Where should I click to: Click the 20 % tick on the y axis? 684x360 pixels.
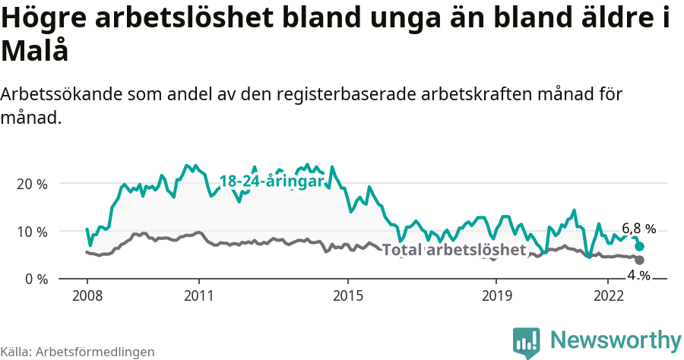click(31, 184)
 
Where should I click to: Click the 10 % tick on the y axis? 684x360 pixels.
click(31, 232)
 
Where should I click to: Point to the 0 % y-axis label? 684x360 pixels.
click(34, 279)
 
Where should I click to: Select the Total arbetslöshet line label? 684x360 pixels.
click(454, 250)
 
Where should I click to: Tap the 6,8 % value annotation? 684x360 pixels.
click(638, 229)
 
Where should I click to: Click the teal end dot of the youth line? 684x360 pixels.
click(640, 246)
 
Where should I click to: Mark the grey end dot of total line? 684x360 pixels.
click(640, 261)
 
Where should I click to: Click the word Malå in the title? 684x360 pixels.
click(35, 51)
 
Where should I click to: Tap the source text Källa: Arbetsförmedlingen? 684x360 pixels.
click(78, 352)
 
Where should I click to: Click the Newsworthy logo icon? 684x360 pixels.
click(527, 343)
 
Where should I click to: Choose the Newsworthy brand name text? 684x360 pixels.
click(616, 339)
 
